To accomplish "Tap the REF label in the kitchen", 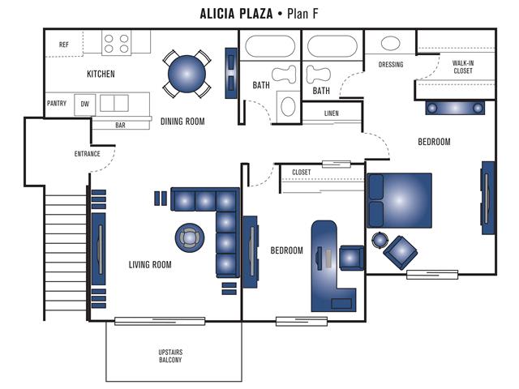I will coord(64,45).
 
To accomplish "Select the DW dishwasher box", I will coord(84,104).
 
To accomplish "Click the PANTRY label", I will coord(57,103).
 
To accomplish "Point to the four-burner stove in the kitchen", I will coord(116,42).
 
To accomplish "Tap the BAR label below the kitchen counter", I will coord(120,126).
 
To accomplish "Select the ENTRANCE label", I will coord(87,153).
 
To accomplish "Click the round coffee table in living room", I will coord(190,237).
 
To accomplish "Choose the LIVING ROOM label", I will coord(150,264).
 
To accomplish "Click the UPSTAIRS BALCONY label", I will coord(170,355).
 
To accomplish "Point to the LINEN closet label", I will coord(332,113).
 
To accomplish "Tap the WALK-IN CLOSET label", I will coord(463,66).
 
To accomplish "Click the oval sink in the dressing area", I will coord(390,44).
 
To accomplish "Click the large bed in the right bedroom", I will coord(400,199).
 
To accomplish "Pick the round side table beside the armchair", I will coord(380,240).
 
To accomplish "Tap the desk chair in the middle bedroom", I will coord(351,257).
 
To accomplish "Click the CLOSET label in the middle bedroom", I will coord(301,172).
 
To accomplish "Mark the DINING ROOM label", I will coord(182,122).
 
